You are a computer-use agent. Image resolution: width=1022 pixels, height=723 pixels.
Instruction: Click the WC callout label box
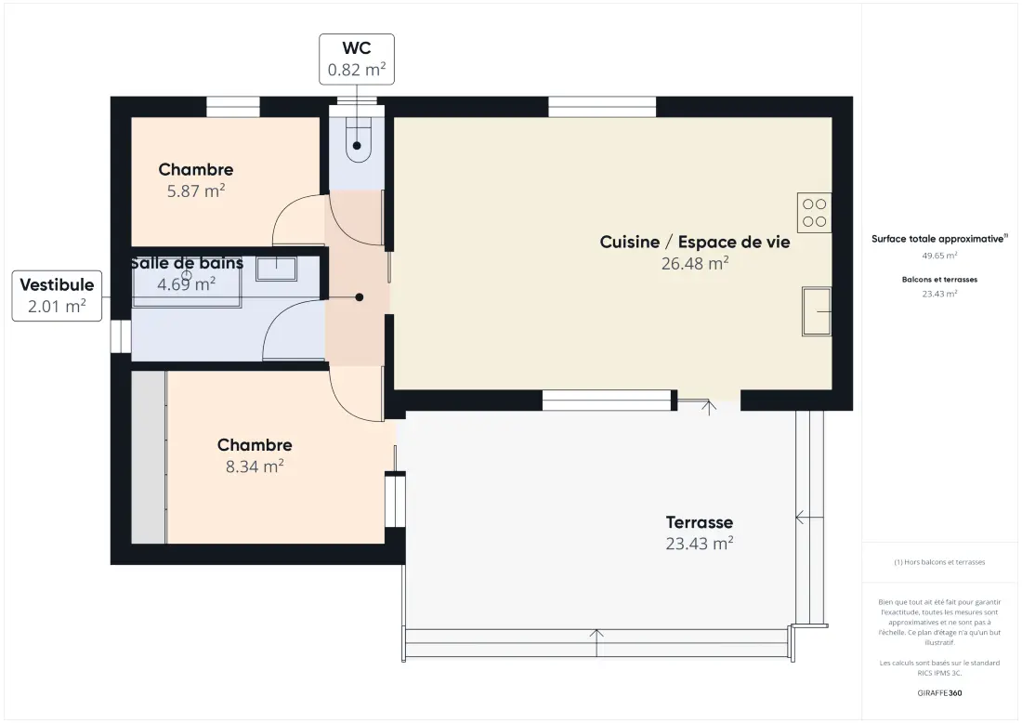click(x=357, y=59)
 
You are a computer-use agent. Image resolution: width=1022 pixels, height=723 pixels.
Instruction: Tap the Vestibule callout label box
click(x=57, y=296)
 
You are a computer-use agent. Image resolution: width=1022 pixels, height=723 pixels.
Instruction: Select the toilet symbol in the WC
click(x=357, y=138)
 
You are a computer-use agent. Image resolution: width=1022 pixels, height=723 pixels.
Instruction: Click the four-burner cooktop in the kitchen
click(x=814, y=213)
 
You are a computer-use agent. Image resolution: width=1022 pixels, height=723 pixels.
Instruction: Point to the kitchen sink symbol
click(x=816, y=311)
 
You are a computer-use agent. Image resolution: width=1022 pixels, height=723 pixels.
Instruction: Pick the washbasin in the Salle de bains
click(x=276, y=269)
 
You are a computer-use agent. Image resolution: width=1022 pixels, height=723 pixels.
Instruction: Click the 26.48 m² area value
click(x=695, y=263)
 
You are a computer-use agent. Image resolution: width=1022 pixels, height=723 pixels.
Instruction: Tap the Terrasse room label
click(x=700, y=522)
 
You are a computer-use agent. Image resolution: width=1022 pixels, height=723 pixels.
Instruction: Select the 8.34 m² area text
click(x=255, y=467)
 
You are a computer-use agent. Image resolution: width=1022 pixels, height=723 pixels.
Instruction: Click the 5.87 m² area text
click(x=195, y=191)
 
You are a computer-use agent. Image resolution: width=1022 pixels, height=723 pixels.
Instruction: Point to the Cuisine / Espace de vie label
click(x=695, y=242)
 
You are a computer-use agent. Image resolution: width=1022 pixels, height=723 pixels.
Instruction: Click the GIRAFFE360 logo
click(x=939, y=693)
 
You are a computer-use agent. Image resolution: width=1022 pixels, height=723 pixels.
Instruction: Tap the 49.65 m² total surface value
click(x=939, y=256)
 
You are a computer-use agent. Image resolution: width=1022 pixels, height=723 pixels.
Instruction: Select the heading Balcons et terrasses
click(x=939, y=280)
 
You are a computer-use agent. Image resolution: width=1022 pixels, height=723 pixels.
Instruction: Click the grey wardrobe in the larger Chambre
click(x=149, y=457)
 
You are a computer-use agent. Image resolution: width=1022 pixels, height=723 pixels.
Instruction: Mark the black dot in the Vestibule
click(x=360, y=297)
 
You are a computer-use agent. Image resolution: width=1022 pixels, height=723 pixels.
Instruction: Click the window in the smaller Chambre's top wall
click(x=232, y=107)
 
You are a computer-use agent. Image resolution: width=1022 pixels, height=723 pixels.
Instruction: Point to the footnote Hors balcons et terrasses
click(x=939, y=562)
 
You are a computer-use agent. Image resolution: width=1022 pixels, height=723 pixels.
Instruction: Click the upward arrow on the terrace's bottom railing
click(x=596, y=643)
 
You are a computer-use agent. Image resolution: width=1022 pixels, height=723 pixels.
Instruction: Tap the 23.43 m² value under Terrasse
click(x=700, y=544)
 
